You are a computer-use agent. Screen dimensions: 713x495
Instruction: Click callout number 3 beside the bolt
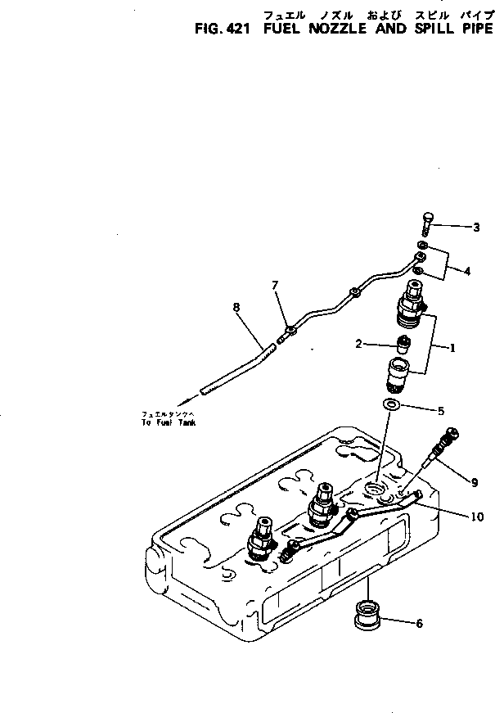pyautogui.click(x=476, y=227)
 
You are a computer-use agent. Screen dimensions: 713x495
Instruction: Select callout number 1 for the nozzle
pyautogui.click(x=452, y=347)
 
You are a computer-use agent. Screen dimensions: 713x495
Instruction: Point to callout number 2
pyautogui.click(x=358, y=344)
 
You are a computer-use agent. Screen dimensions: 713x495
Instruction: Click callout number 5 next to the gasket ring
pyautogui.click(x=443, y=409)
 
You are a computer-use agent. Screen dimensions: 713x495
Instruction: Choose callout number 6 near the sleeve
pyautogui.click(x=420, y=623)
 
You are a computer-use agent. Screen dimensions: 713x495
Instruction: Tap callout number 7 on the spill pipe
pyautogui.click(x=276, y=285)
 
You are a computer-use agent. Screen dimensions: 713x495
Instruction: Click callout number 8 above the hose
pyautogui.click(x=236, y=307)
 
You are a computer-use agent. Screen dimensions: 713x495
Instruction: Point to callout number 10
pyautogui.click(x=476, y=517)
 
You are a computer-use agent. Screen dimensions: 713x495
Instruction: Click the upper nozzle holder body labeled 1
pyautogui.click(x=411, y=307)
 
